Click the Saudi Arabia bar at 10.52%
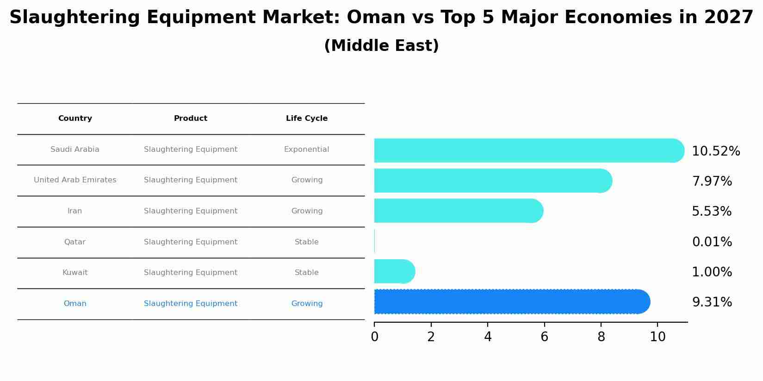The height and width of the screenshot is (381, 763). (x=527, y=150)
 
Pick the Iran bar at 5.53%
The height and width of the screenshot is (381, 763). (x=458, y=211)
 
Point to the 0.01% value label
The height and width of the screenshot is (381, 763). (x=712, y=242)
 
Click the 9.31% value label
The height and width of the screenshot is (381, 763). (x=712, y=302)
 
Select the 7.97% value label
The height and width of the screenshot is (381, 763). (x=712, y=181)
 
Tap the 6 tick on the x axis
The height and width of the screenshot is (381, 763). (x=544, y=337)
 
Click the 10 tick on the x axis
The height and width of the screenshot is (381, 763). (x=658, y=337)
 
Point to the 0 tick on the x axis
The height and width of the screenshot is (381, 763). (x=374, y=337)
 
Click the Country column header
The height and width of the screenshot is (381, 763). (x=75, y=119)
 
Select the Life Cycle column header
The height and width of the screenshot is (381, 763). (x=307, y=119)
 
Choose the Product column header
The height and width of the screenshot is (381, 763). (x=191, y=119)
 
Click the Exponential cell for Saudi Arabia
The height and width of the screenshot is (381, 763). (x=306, y=150)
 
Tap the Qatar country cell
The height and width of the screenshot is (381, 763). (x=75, y=242)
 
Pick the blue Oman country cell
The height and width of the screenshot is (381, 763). (x=75, y=304)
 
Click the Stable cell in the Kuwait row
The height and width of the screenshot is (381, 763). (x=306, y=273)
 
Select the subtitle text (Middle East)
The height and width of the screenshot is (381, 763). (x=381, y=46)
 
